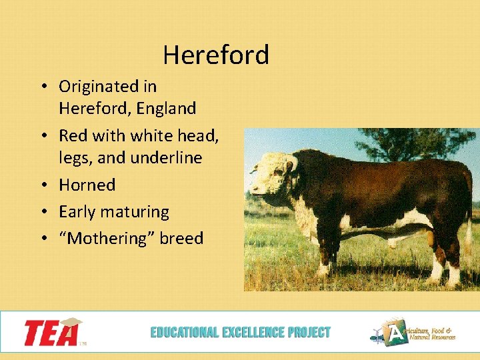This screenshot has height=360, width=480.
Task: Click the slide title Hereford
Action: (215, 55)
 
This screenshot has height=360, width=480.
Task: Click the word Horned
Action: (87, 185)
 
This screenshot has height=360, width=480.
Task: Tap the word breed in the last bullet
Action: (181, 239)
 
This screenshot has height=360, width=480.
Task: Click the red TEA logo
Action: (53, 332)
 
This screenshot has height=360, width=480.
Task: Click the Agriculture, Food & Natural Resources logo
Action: (413, 332)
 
